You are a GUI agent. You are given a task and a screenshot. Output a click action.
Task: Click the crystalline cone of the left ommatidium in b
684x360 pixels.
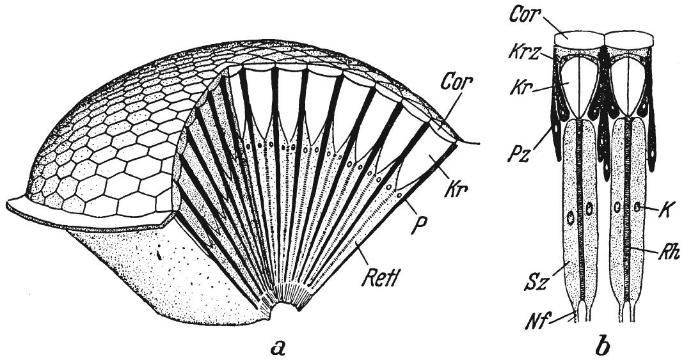(x=579, y=83)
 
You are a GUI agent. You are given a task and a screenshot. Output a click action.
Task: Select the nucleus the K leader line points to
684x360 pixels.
(x=637, y=207)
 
